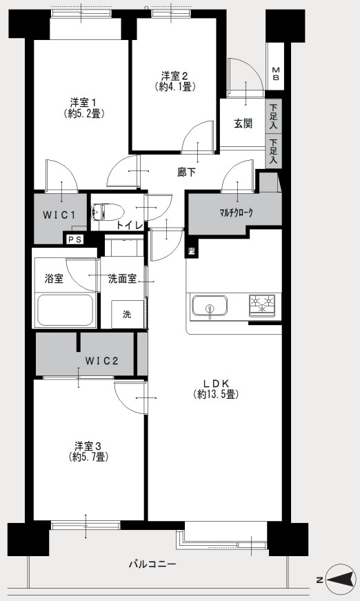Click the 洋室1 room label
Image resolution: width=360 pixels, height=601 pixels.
[x=83, y=102]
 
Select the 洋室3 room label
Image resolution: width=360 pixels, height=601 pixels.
[x=88, y=446]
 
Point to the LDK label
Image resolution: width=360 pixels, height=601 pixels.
[x=216, y=383]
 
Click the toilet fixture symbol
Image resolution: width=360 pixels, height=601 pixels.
[x=107, y=211]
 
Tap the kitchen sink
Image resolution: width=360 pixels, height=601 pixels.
[x=210, y=306]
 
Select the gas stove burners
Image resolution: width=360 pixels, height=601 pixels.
[x=262, y=306]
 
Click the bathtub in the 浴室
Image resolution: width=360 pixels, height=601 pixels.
[x=66, y=311]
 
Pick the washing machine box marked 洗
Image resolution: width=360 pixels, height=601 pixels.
[x=128, y=314]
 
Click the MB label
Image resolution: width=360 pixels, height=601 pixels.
[x=276, y=74]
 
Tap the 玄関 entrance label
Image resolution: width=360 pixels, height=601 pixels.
[x=243, y=124]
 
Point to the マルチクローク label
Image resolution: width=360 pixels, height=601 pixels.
[x=236, y=213]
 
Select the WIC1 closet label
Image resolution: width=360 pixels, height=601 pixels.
[x=59, y=215]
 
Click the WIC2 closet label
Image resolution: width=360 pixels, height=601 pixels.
[x=101, y=361]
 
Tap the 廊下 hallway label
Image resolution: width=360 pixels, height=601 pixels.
[x=186, y=173]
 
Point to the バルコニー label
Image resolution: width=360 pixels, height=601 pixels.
[x=152, y=564]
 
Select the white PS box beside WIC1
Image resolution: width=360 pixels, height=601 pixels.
[x=74, y=239]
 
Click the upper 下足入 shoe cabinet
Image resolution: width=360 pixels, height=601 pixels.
[x=273, y=116]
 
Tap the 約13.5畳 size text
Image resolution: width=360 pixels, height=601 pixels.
[x=217, y=394]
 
